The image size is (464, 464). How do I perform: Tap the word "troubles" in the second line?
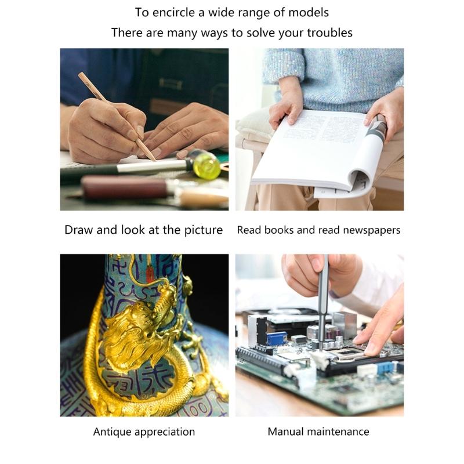(328, 32)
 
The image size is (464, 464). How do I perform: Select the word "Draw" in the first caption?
(79, 230)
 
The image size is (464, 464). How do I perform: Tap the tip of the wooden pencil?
(154, 159)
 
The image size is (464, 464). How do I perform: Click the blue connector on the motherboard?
(276, 338)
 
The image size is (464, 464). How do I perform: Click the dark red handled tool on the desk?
(125, 187)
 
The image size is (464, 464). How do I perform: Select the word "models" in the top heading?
(310, 12)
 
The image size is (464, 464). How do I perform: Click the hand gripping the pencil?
(101, 130)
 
